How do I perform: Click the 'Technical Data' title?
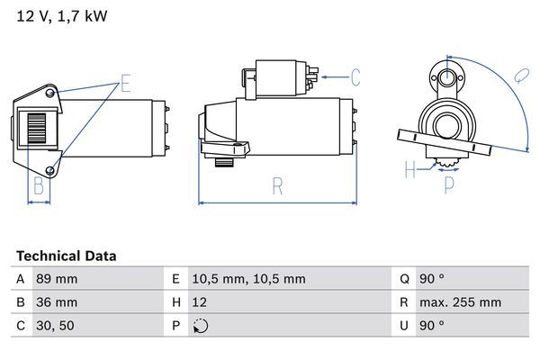(66, 256)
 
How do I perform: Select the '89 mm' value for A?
(55, 279)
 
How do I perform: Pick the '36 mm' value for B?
(55, 302)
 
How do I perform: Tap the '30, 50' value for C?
(54, 326)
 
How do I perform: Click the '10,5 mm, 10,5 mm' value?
(249, 279)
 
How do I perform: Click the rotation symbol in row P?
(201, 326)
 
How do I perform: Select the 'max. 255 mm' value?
(463, 302)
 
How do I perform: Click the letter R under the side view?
(278, 186)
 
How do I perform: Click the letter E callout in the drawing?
(126, 85)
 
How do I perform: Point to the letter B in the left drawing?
(39, 186)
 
